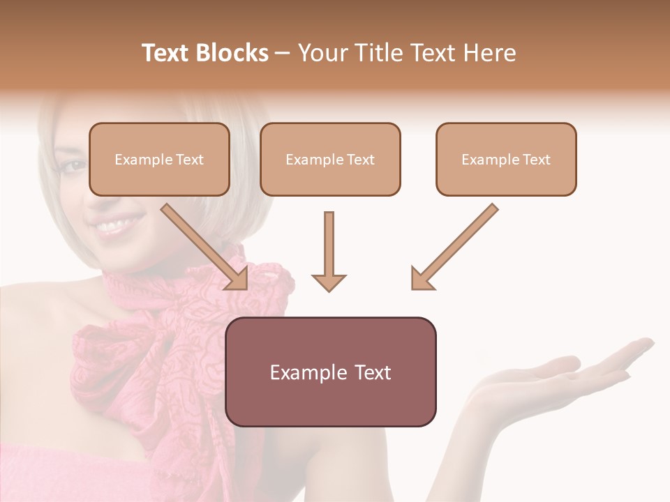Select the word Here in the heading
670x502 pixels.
pos(491,53)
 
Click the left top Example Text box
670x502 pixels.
pos(159,159)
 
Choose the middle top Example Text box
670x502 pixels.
pos(330,159)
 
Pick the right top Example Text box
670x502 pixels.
pos(506,159)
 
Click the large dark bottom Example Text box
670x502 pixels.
pos(330,372)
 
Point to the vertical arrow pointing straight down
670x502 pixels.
pos(329,251)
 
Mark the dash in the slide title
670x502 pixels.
pos(283,53)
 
